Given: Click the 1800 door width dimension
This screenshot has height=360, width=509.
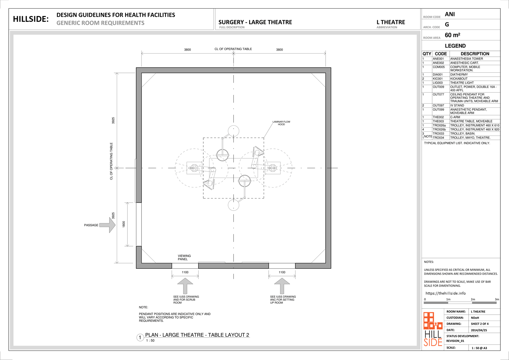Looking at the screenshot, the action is point(123,224).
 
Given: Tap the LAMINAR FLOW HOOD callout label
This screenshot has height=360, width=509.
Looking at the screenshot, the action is point(281,123).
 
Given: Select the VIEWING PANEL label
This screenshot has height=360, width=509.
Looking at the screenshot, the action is point(184,257).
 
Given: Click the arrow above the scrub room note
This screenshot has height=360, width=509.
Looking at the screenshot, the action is point(185,286).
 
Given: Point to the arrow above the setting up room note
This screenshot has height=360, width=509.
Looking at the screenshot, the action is point(282,286).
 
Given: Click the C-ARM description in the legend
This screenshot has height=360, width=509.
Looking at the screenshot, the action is point(455,117).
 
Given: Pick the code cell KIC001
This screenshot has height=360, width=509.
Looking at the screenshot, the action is point(438,79).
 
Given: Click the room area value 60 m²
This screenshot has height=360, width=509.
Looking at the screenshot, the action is point(453,35).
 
